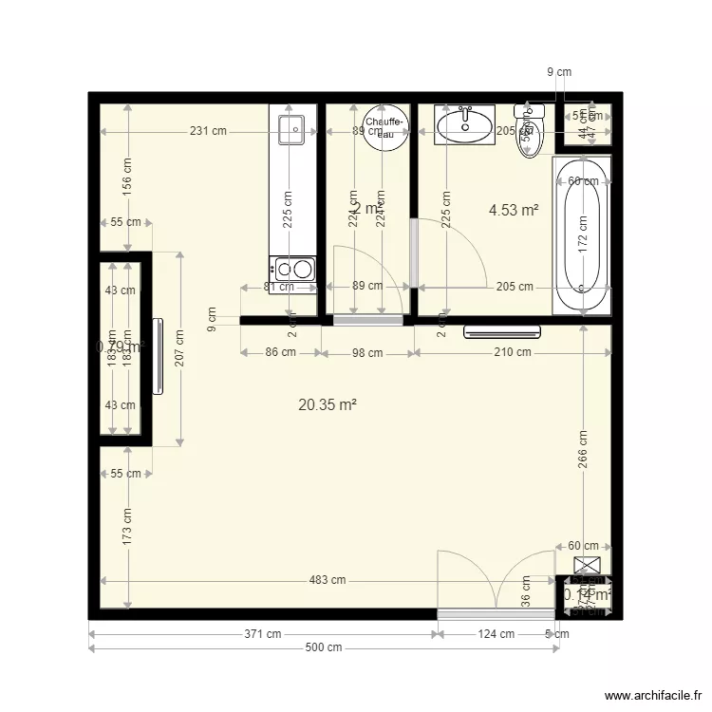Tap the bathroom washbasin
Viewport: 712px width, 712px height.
(x=464, y=124)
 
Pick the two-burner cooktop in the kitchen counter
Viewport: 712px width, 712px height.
(x=292, y=269)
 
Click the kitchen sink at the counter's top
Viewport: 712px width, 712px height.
(x=291, y=128)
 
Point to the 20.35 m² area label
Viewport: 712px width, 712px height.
(x=328, y=404)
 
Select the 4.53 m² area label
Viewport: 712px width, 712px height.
(x=514, y=210)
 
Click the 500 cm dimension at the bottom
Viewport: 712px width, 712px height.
(x=323, y=648)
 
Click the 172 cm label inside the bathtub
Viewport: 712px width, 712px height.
(x=581, y=233)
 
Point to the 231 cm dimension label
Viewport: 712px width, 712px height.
(x=207, y=131)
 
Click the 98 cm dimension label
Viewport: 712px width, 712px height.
(x=366, y=353)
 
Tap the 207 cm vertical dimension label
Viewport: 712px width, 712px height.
(x=179, y=347)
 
